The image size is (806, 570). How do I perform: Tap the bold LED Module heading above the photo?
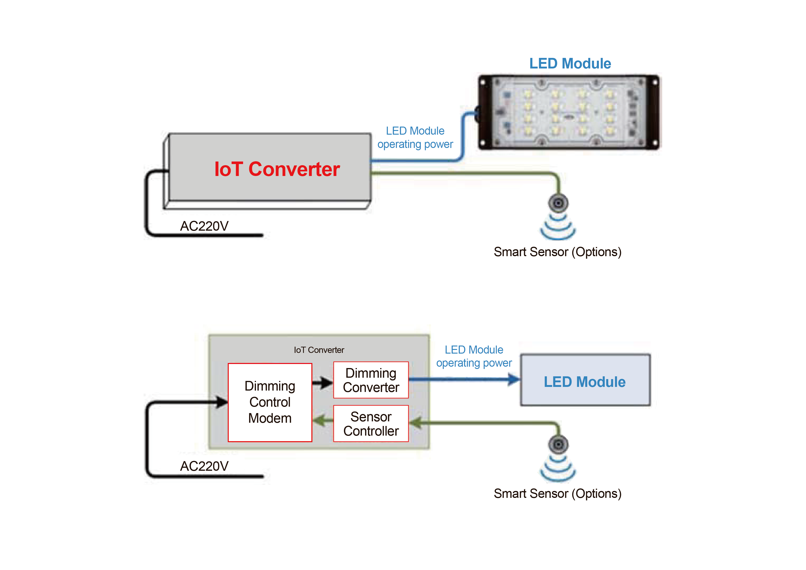pos(570,64)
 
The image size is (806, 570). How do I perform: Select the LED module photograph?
pos(568,112)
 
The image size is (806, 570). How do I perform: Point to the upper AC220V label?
pos(204,226)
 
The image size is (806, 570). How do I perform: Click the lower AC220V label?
pos(204,466)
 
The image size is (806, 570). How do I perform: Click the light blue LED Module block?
pos(585,380)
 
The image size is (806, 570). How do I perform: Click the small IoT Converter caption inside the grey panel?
pos(319,350)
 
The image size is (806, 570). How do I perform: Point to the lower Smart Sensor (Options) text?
pos(557,493)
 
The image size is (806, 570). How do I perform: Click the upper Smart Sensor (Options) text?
pos(557,252)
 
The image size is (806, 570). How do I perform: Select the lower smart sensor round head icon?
pos(558,444)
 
